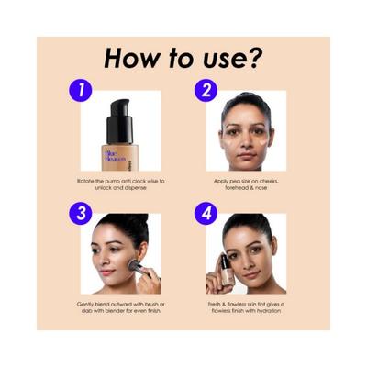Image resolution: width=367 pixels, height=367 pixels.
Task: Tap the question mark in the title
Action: (x=255, y=58)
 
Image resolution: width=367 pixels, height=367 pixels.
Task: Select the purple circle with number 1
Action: (x=83, y=91)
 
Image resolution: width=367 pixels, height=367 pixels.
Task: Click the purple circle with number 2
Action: (x=207, y=91)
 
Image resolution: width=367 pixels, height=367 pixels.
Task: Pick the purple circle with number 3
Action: (x=83, y=214)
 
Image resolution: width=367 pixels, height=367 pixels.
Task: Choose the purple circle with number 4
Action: (x=207, y=214)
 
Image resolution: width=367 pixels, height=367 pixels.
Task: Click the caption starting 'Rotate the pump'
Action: (x=122, y=184)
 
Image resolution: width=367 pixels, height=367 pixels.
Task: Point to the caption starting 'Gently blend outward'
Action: (x=122, y=307)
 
